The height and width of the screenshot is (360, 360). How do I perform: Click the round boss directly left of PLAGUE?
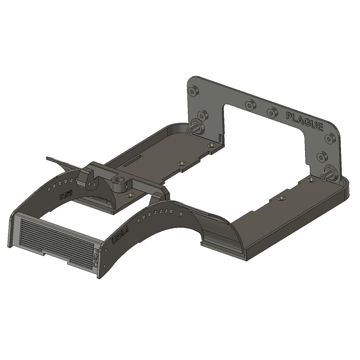pos(272,112)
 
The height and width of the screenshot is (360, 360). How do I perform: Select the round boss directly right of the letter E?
pos(329,139)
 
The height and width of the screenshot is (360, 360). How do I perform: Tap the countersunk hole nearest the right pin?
pos(310,180)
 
